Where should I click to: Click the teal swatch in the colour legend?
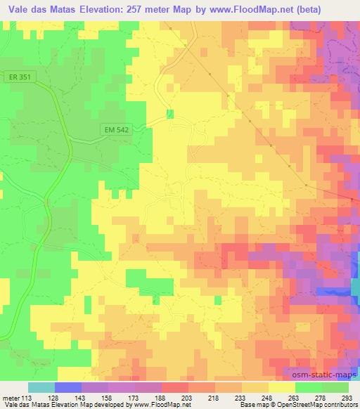coord(41,387)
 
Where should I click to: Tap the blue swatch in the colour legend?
coord(68,387)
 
